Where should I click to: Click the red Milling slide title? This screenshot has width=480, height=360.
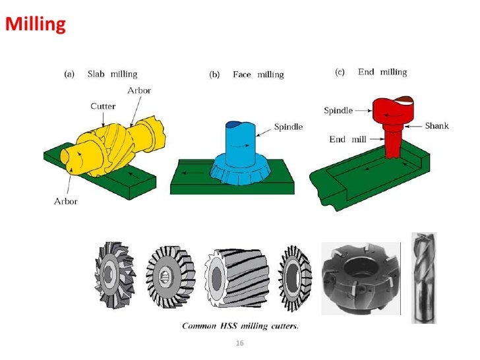(36, 25)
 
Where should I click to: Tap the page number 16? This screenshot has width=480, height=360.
(239, 344)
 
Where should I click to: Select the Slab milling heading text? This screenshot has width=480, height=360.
(112, 75)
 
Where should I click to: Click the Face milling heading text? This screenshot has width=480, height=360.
(258, 75)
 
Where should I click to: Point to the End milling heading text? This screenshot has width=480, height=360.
(382, 72)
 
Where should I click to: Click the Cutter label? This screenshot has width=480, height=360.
(103, 105)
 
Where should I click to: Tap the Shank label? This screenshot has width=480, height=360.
(436, 125)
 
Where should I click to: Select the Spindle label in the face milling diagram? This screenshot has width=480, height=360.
(288, 127)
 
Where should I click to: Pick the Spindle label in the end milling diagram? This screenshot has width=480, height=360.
(338, 110)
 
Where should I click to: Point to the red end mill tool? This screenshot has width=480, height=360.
(392, 142)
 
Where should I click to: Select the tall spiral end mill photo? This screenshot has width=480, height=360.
(423, 276)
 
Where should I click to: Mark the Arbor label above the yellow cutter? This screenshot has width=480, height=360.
(139, 90)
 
